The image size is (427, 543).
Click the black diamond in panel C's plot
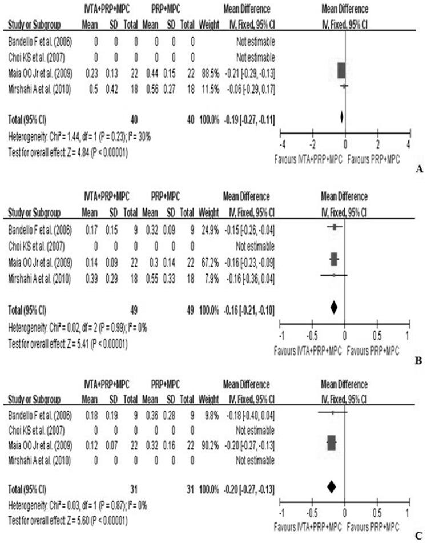click(x=332, y=486)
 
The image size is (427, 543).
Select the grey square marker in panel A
click(x=341, y=70)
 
